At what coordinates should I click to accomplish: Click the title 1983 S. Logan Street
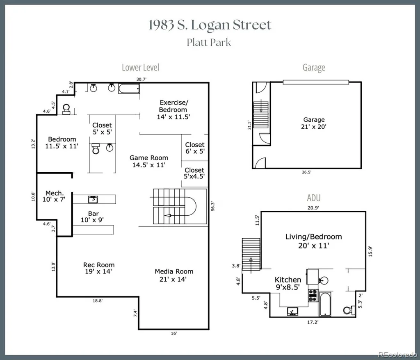(210, 25)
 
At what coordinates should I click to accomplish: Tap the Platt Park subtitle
(209, 42)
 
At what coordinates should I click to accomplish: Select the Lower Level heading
(140, 67)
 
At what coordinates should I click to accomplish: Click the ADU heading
(314, 198)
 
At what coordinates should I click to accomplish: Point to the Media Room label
(174, 276)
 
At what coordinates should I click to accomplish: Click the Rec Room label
(98, 268)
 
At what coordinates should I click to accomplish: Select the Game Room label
(148, 162)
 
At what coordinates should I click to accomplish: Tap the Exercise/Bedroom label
(173, 109)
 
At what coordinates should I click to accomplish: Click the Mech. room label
(54, 196)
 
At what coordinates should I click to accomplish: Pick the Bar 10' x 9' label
(92, 216)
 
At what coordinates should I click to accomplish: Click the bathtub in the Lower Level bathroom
(129, 89)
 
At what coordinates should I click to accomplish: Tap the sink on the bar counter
(93, 199)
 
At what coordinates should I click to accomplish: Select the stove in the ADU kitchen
(313, 296)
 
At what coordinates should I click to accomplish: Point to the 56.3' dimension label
(213, 206)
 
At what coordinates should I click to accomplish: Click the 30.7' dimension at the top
(142, 79)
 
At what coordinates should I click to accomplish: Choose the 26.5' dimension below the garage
(307, 172)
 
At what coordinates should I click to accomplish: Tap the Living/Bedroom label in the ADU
(314, 241)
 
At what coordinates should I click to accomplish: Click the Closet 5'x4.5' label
(194, 173)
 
